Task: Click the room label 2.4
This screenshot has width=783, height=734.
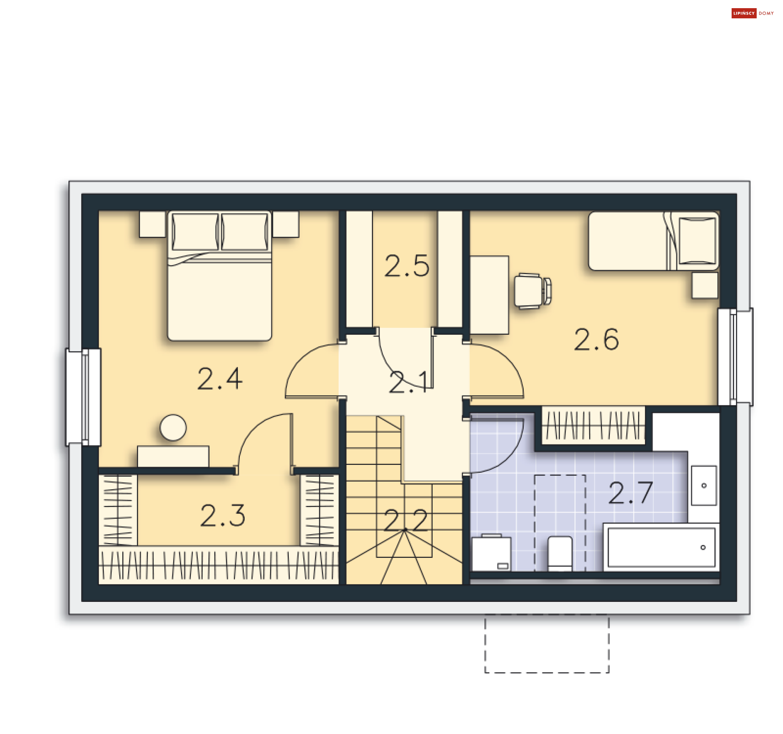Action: pos(220,379)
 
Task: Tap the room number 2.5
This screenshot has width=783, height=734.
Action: pos(407,266)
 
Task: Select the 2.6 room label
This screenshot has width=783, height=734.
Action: pos(596,339)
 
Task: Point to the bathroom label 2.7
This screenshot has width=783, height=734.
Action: pos(630,493)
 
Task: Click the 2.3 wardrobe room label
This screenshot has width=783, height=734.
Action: pos(223,515)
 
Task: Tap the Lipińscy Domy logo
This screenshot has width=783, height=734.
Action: pos(752,13)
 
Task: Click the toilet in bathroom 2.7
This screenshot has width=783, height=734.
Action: pos(560,554)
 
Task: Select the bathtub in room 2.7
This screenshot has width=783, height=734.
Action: pos(661,547)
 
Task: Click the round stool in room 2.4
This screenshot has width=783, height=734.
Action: pos(173,427)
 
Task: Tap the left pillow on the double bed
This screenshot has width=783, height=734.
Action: pos(195,232)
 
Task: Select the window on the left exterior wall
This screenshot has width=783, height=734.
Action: pos(84,397)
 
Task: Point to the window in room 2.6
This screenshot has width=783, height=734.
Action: pos(735,357)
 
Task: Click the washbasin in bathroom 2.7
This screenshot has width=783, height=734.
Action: pos(704,485)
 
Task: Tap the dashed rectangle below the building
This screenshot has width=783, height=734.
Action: pos(547,643)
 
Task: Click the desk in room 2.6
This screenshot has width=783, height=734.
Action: pos(489,295)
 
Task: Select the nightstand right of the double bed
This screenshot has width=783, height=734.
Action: pos(286,224)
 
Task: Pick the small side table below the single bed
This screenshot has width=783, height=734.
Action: pos(705,285)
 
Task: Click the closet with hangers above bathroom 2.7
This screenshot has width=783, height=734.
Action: pos(593,425)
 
